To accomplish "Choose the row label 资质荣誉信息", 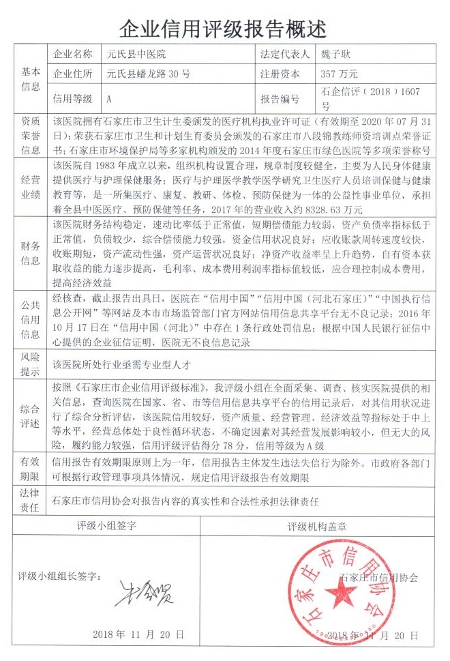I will click(x=31, y=134).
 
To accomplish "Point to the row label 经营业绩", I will click(x=31, y=187).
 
